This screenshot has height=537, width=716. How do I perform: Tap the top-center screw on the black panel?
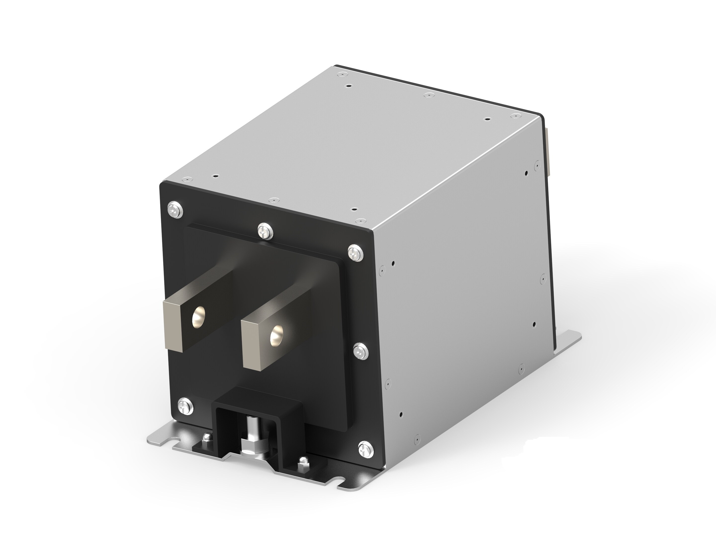265,230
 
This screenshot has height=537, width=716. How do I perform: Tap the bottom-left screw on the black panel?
185,405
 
